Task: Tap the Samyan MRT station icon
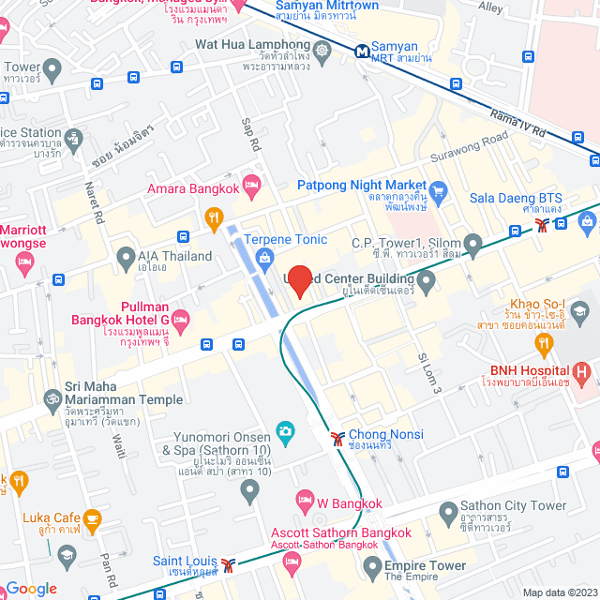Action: click(x=361, y=51)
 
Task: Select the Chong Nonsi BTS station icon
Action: click(x=337, y=437)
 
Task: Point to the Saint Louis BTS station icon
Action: click(x=227, y=566)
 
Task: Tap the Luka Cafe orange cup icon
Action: click(x=92, y=518)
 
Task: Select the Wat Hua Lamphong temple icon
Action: click(x=323, y=51)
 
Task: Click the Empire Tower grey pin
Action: click(x=373, y=566)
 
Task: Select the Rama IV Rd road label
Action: click(x=517, y=121)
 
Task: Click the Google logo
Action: click(x=30, y=588)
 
